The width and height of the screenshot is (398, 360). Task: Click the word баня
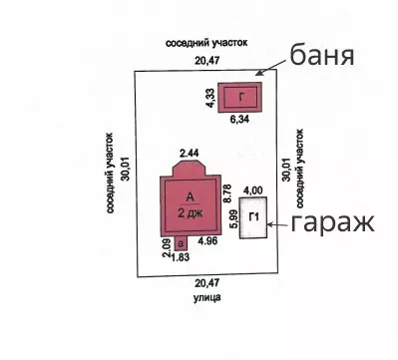[x=322, y=56]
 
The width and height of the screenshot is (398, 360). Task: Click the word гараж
[x=333, y=223]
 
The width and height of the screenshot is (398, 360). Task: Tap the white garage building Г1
[x=253, y=217]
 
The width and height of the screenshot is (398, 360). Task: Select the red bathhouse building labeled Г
[x=240, y=98]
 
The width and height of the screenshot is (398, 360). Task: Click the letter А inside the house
[x=190, y=197]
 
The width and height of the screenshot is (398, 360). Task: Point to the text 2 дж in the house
[x=190, y=212]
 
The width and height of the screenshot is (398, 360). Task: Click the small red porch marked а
[x=181, y=243]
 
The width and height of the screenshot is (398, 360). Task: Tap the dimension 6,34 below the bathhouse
[x=239, y=120]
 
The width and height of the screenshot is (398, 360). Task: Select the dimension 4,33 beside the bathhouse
[x=211, y=98]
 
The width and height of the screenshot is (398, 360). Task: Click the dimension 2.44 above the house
[x=190, y=154]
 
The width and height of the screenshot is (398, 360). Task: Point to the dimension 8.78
[x=227, y=193]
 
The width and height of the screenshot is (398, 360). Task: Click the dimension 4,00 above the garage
[x=253, y=190]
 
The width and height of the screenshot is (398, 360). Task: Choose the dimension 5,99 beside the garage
[x=233, y=218]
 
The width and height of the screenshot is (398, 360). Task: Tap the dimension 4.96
[x=207, y=240]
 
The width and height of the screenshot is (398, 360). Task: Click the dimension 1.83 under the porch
[x=181, y=257]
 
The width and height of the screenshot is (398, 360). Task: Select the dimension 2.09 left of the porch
[x=167, y=248]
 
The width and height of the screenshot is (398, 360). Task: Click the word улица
[x=207, y=297]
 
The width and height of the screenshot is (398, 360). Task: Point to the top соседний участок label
[x=206, y=43]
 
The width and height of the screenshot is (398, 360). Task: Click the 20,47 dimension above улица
[x=207, y=283]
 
